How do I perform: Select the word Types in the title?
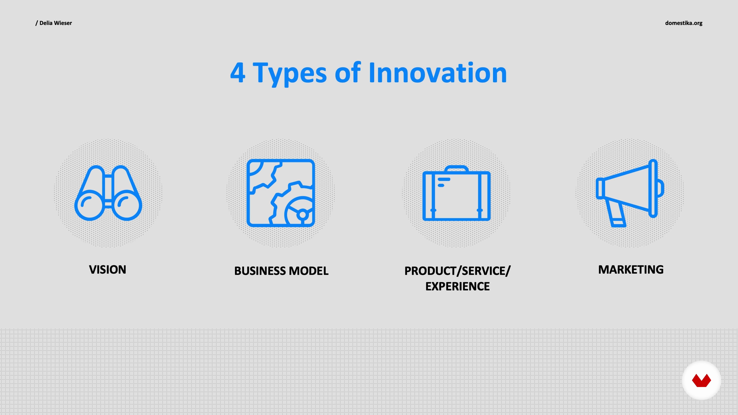pyautogui.click(x=289, y=74)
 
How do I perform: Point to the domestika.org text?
pyautogui.click(x=684, y=23)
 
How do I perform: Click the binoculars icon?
pyautogui.click(x=108, y=193)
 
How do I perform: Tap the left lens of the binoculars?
pyautogui.click(x=90, y=205)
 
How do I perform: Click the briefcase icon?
pyautogui.click(x=457, y=193)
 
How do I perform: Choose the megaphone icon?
pyautogui.click(x=630, y=193)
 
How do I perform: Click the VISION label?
pyautogui.click(x=107, y=270)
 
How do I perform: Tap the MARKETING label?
pyautogui.click(x=631, y=270)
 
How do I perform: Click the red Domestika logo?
pyautogui.click(x=701, y=380)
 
